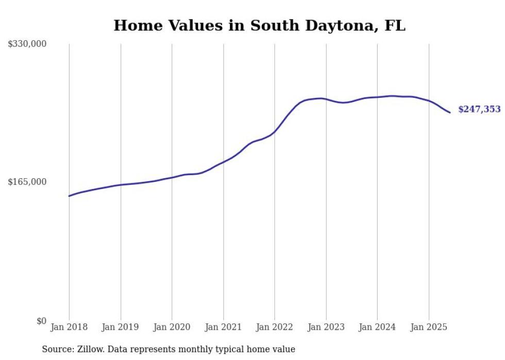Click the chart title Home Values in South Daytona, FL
click(x=259, y=25)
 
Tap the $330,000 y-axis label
click(x=27, y=44)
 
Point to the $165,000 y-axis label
click(x=27, y=182)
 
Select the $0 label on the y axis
click(x=41, y=321)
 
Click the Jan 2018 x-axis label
click(x=69, y=327)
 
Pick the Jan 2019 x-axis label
click(x=121, y=327)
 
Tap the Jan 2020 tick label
click(x=172, y=327)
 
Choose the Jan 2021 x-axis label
click(x=223, y=327)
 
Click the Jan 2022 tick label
click(x=275, y=327)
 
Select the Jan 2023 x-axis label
click(x=326, y=327)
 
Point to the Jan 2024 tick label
click(x=377, y=327)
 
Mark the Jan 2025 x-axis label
click(x=428, y=327)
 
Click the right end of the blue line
click(x=450, y=112)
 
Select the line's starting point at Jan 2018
click(x=69, y=196)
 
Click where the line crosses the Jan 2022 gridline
click(x=275, y=131)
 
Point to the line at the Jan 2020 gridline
click(x=172, y=177)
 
